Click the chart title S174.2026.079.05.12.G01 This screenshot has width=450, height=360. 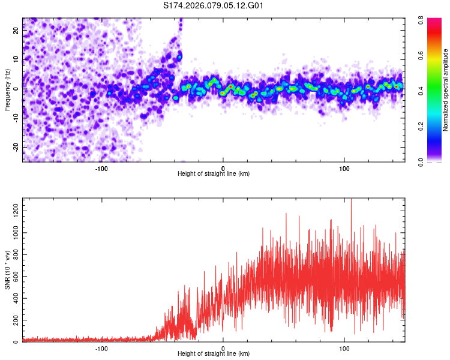coord(214,6)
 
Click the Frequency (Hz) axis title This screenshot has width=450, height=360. coord(7,89)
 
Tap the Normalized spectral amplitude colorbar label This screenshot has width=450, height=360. coord(446,89)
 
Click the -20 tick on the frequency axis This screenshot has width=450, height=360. coord(16,147)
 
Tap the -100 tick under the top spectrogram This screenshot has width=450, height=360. coord(101,167)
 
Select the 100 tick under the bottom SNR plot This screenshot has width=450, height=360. coord(344,347)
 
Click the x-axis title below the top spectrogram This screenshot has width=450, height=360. coord(214,174)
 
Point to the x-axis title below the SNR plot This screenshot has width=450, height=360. coord(214,354)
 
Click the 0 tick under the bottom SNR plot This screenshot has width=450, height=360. coord(223,347)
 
